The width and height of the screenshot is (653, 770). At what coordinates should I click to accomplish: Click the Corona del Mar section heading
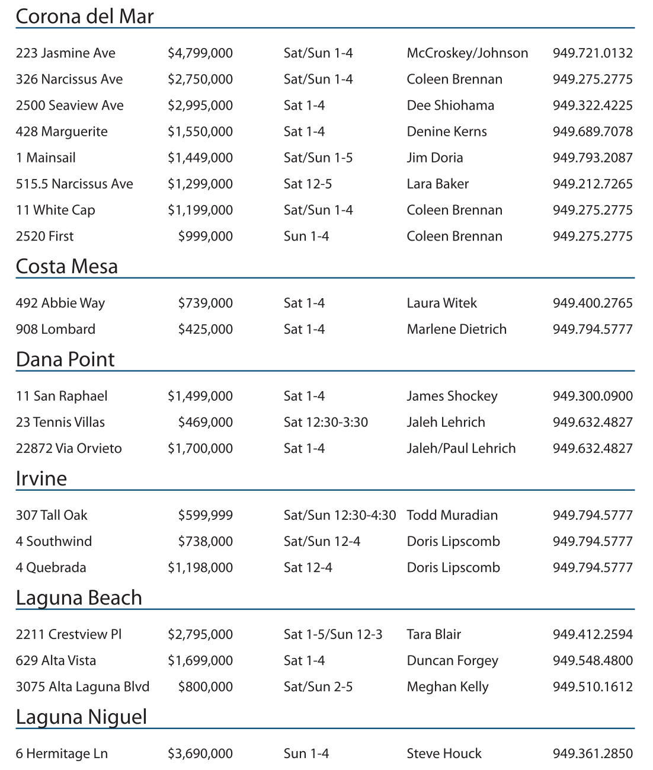coord(84,17)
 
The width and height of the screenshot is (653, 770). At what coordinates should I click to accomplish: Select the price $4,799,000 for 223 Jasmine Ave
coord(200,53)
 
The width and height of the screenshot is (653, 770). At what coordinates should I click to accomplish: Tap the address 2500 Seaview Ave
coord(69,106)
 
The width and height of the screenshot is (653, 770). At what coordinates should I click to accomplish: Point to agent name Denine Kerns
coord(446,132)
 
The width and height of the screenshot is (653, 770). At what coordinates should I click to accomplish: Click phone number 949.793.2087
coord(592,158)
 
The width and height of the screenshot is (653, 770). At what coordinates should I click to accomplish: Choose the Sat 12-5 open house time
coord(308,184)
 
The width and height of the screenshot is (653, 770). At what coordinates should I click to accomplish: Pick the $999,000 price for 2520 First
coord(205,236)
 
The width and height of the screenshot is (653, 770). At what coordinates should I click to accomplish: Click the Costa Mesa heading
coord(66,267)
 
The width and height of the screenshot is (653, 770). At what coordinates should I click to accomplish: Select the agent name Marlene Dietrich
coord(456,329)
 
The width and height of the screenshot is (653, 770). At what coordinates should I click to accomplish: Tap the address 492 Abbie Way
coord(60,303)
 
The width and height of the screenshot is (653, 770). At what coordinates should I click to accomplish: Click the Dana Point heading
coord(65,360)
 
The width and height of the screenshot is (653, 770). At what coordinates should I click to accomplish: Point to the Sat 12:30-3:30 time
coord(325,422)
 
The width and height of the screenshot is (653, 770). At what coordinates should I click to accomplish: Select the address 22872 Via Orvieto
coord(69,448)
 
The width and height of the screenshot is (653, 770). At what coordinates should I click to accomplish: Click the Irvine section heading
coord(41,478)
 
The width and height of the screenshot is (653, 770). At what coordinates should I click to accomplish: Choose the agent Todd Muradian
coord(452,515)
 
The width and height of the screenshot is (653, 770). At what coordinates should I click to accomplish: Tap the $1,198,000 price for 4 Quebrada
coord(200,567)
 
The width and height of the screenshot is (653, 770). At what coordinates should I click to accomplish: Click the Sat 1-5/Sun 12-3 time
coord(332,634)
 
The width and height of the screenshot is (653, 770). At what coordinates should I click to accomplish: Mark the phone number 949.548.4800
coord(592,660)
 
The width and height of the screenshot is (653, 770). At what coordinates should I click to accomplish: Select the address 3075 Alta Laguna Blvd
coord(82,686)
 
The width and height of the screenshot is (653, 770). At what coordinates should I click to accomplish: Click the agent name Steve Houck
coord(444,753)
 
